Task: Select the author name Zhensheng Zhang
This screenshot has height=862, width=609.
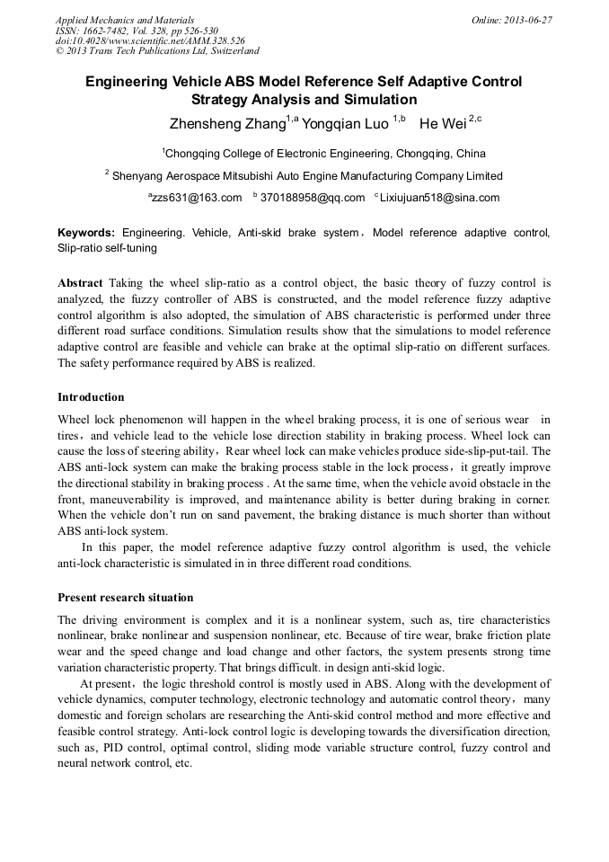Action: coord(226,122)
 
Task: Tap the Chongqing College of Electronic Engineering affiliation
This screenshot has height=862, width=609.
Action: coord(325,153)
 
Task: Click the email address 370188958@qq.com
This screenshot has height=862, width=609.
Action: coord(312,198)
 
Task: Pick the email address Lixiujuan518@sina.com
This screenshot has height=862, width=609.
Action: coord(439,198)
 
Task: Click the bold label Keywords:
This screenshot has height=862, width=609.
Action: coord(86,233)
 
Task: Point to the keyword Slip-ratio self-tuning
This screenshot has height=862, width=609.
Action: coord(107,247)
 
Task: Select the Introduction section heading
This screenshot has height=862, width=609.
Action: coord(91,397)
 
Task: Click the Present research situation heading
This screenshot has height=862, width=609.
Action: coord(125,598)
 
